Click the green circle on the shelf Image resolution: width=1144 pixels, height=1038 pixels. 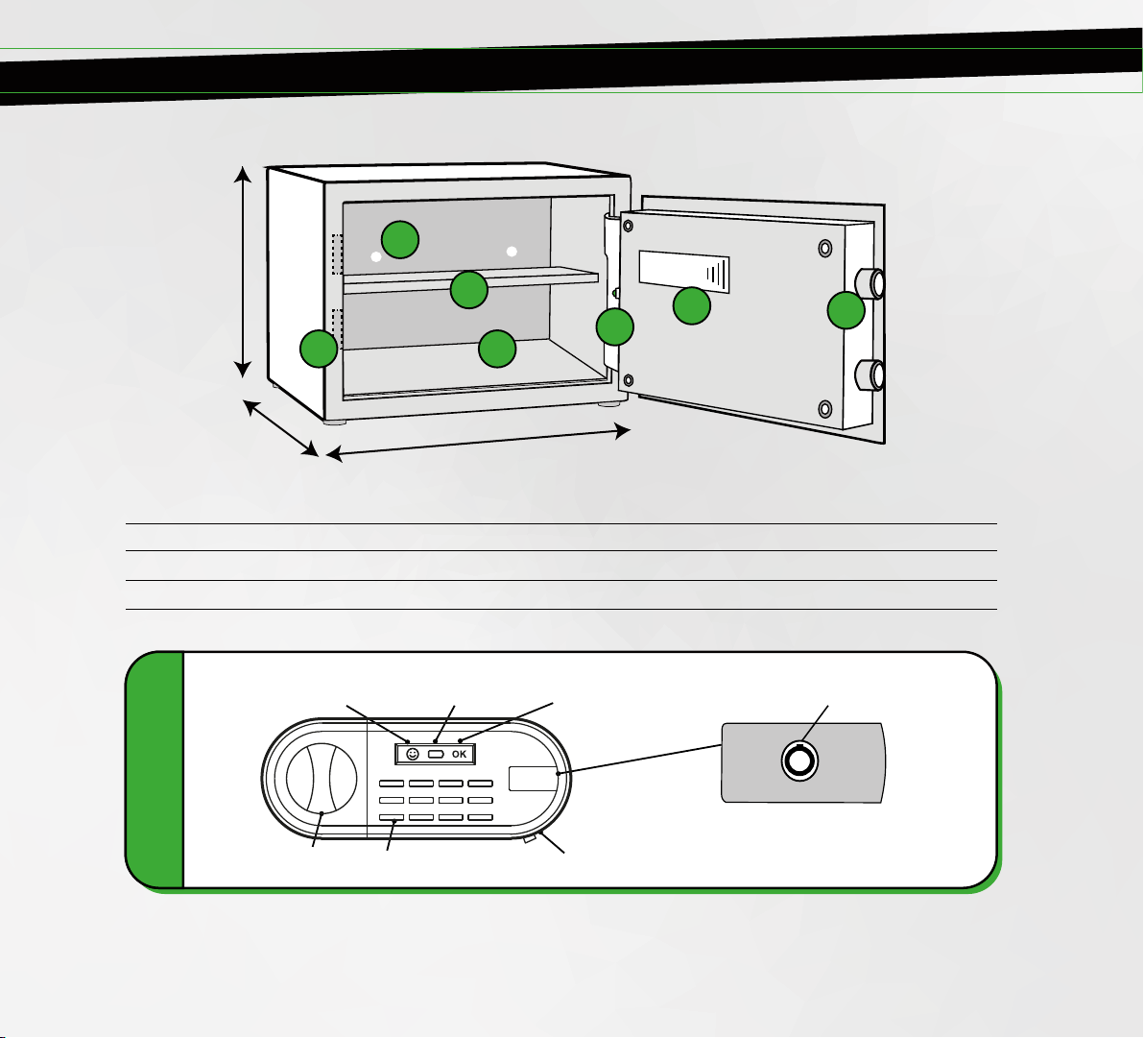pos(469,290)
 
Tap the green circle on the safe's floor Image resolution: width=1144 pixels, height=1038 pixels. pos(497,349)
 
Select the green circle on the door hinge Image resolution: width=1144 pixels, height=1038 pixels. pos(615,326)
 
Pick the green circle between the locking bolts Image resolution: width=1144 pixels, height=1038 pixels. pos(846,310)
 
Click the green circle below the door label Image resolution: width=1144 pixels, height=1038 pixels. pos(692,306)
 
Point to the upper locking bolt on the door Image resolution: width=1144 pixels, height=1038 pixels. pos(870,283)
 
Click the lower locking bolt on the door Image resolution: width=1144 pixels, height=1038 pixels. pos(870,374)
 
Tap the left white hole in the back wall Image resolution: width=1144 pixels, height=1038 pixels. pos(376,257)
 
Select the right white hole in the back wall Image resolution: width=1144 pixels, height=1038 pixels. pos(512,252)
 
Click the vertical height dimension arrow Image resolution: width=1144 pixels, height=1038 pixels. pos(243,272)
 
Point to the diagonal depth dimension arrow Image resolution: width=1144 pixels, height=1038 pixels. pos(281,428)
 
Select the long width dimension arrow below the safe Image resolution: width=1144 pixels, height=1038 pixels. pos(478,443)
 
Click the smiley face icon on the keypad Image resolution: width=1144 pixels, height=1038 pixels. pos(413,754)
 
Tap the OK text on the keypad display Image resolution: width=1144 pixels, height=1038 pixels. pos(460,754)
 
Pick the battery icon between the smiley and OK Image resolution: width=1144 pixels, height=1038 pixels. pos(437,754)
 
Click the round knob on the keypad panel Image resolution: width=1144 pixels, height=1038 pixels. pos(322,778)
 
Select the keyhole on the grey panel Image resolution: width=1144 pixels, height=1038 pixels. pos(799,760)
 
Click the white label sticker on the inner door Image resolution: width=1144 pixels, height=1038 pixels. pos(684,271)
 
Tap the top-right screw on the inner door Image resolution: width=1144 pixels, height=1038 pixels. pos(825,248)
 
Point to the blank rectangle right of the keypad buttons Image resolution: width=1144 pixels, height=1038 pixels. pos(534,778)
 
